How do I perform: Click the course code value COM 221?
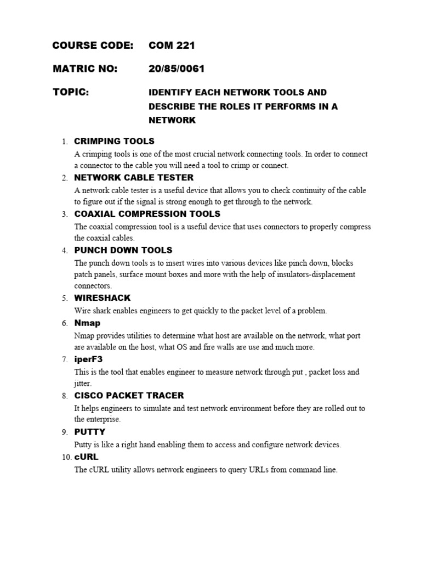point(172,46)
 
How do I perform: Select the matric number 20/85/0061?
point(177,69)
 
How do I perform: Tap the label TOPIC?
point(70,92)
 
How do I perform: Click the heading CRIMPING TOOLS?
point(114,141)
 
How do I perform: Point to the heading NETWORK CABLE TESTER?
point(134,178)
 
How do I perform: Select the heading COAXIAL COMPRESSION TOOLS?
point(147,214)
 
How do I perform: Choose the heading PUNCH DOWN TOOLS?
point(123,250)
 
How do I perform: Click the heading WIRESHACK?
point(103,298)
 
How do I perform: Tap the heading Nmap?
point(87,323)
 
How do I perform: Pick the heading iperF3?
point(88,359)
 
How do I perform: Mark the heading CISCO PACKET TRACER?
point(129,396)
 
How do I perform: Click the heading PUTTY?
point(89,432)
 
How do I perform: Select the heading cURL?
point(86,457)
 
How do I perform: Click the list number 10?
point(66,457)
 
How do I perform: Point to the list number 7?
point(65,360)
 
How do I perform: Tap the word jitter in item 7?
point(83,384)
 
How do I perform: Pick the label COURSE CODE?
point(93,46)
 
